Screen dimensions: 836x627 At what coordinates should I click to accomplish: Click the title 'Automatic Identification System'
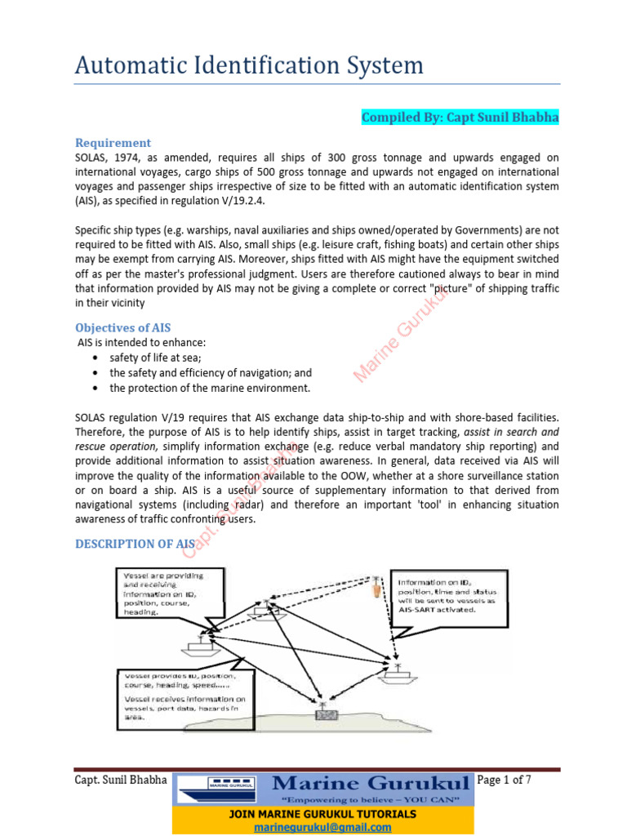(x=249, y=64)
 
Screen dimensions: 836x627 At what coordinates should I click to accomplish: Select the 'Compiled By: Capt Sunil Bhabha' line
(x=460, y=118)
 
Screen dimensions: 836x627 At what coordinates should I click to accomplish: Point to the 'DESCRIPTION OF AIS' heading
(x=135, y=544)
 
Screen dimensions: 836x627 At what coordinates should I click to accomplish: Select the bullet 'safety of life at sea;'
(x=155, y=358)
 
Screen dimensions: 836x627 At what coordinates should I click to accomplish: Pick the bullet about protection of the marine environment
(x=210, y=388)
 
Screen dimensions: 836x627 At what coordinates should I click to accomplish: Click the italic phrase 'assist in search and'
(x=514, y=432)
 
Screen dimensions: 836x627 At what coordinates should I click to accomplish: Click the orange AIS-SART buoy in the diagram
(x=376, y=586)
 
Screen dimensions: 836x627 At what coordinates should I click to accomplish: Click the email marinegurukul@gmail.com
(x=322, y=827)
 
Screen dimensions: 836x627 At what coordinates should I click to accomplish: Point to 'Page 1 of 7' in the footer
(x=504, y=780)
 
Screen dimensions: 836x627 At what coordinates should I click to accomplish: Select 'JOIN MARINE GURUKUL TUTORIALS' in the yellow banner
(x=322, y=814)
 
